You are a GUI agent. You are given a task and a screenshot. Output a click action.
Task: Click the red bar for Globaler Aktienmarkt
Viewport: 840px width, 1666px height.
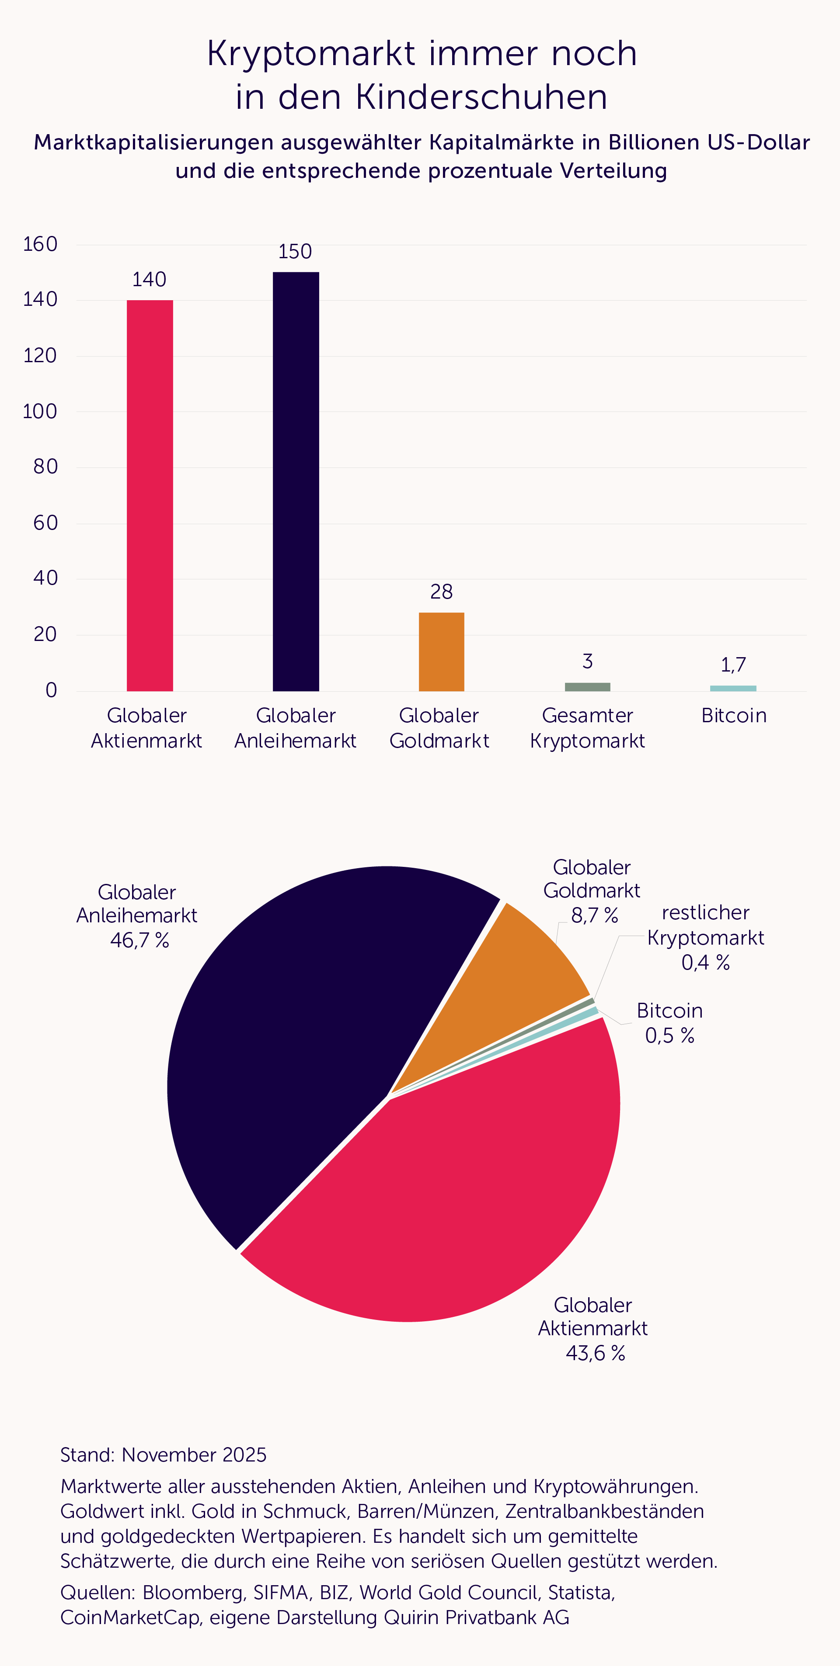pos(150,495)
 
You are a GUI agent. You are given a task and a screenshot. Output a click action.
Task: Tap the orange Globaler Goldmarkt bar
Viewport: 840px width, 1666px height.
pos(441,651)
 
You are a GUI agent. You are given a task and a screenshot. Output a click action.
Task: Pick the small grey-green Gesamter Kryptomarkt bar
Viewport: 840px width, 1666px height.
pos(587,687)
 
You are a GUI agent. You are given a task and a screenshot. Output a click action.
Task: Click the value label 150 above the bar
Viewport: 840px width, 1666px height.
pos(295,252)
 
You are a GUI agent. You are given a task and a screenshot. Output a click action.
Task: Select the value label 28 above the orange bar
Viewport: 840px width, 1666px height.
pos(441,592)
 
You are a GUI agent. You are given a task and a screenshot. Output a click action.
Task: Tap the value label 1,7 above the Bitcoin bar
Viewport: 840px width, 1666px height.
pos(733,665)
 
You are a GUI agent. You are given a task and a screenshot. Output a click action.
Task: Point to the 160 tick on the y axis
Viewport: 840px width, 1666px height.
pos(40,245)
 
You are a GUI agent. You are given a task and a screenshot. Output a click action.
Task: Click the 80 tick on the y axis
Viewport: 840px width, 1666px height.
pos(45,467)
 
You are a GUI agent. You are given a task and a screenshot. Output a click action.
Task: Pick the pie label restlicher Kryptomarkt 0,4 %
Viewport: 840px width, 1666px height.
pos(705,938)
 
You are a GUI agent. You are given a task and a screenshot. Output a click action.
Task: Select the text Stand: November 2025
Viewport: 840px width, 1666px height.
pos(163,1455)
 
